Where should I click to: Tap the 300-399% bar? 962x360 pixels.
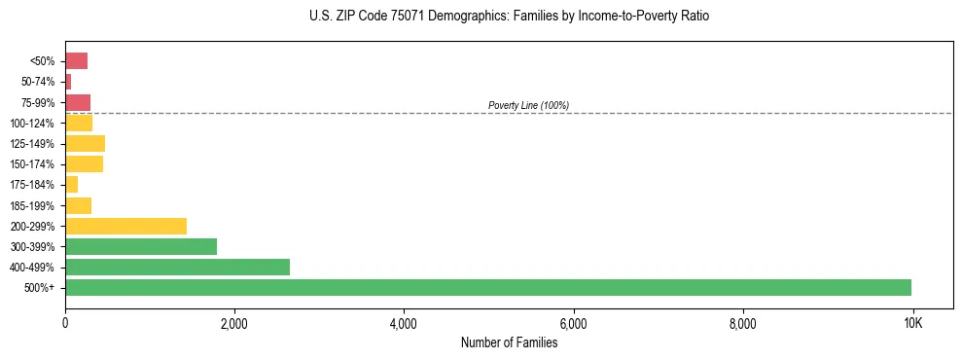(141, 246)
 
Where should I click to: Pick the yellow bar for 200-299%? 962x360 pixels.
(125, 226)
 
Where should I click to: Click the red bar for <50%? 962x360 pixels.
(76, 61)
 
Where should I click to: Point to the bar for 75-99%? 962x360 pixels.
(78, 102)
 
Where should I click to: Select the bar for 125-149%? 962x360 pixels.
(85, 143)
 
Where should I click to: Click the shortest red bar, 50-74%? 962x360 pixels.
(68, 82)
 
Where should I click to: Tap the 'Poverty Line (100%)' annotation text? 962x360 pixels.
(528, 105)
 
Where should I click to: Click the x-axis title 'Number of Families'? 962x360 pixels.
(509, 342)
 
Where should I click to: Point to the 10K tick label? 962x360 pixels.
(912, 323)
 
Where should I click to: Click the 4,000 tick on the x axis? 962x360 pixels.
(404, 323)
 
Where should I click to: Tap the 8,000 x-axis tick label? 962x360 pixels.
(743, 323)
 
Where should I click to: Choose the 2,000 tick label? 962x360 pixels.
(234, 323)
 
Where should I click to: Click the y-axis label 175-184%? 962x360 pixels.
(33, 185)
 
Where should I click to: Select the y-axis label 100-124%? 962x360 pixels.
(33, 124)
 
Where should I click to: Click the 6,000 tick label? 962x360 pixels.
(574, 323)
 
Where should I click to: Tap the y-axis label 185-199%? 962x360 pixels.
(33, 205)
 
